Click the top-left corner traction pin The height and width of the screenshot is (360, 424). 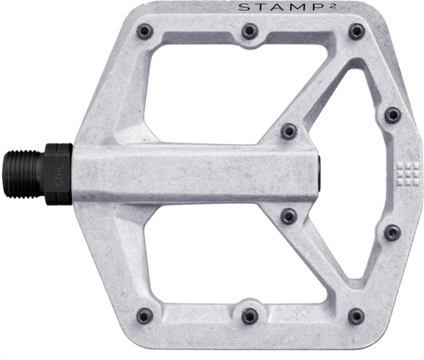(x=145, y=31)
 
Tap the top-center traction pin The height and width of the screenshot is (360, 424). (x=250, y=31)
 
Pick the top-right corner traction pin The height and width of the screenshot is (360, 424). (x=356, y=31)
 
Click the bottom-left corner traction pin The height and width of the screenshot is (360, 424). (x=145, y=316)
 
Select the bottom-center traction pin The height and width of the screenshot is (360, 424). (x=250, y=316)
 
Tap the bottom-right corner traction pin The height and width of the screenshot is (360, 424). (x=356, y=316)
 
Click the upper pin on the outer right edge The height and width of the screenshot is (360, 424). (x=393, y=115)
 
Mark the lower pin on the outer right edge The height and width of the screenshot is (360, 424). (x=392, y=232)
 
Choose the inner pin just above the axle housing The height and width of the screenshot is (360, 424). (x=289, y=131)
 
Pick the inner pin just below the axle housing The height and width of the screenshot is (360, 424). (x=289, y=216)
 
